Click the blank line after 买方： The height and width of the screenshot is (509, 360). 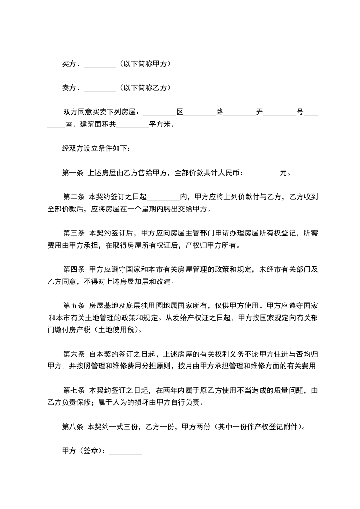(x=100, y=64)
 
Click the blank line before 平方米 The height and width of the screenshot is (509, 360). (x=133, y=124)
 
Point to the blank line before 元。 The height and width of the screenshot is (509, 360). (x=264, y=173)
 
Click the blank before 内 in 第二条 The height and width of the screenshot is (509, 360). (x=164, y=197)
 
